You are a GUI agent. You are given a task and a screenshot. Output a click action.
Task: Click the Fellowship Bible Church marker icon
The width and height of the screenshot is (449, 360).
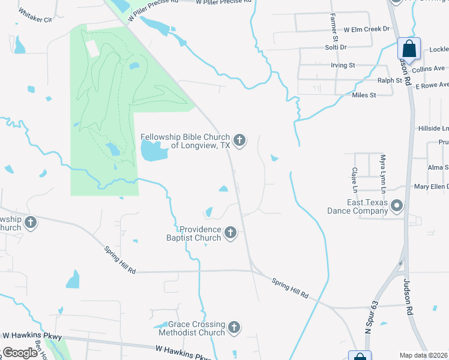(239, 141)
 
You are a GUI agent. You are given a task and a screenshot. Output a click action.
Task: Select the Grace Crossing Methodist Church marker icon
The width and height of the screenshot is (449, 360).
(234, 328)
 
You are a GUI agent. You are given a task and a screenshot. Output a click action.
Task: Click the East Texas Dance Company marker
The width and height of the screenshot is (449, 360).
(396, 206)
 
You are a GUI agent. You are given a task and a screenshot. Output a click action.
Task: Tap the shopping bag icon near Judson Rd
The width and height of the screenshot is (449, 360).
(409, 48)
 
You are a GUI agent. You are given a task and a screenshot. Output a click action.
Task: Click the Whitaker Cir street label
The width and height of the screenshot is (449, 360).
(36, 19)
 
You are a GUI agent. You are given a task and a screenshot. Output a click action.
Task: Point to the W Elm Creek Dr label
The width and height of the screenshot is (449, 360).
(366, 29)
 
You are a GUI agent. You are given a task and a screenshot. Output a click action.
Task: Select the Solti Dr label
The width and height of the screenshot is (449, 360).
(336, 47)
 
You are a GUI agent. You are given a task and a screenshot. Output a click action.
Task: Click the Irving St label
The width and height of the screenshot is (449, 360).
(343, 65)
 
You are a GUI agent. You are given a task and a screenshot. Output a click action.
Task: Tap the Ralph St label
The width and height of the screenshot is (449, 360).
(390, 80)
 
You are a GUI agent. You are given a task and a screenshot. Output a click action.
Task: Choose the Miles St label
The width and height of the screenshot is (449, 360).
(364, 95)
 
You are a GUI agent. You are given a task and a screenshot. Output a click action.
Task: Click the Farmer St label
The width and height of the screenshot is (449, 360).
(333, 24)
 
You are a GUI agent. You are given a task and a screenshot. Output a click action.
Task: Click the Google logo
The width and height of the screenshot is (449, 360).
(20, 353)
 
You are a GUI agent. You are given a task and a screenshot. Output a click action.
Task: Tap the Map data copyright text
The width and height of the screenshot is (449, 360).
(424, 356)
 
